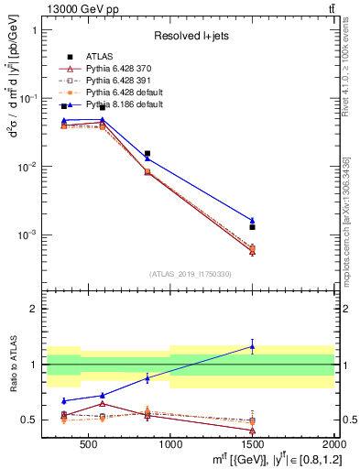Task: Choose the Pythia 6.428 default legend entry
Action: point(117,93)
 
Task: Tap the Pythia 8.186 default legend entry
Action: point(117,104)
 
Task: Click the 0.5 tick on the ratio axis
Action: point(32,420)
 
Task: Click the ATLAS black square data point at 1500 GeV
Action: point(252,226)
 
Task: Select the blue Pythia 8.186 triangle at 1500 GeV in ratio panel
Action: point(252,346)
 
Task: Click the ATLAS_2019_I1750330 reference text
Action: point(189,274)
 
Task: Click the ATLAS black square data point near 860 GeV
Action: point(147,154)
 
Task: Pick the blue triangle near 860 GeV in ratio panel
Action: point(147,377)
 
